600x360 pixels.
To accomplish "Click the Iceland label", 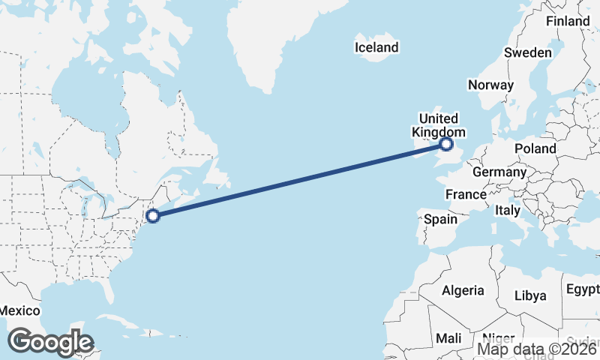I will coord(376,48).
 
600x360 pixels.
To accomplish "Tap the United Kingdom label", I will coord(438,125).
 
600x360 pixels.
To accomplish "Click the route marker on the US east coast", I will coord(153,216).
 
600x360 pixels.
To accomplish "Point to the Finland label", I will coord(568,21).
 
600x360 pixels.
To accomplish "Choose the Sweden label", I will coord(527,52).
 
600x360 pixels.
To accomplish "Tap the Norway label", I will coord(490,85).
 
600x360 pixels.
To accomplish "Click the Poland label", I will coord(535,149).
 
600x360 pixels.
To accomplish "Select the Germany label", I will coord(499,172).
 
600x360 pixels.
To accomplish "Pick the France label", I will coord(466,194).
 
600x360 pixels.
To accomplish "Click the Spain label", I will coord(440,219).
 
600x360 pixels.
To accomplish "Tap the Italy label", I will coord(508,211).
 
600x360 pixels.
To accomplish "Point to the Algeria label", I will coord(463,290).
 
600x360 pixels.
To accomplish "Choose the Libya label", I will coord(529,295).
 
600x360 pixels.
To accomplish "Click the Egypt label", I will coord(583,289).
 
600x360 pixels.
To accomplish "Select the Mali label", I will coord(448,338).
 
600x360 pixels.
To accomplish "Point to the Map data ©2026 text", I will coord(538,349).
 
